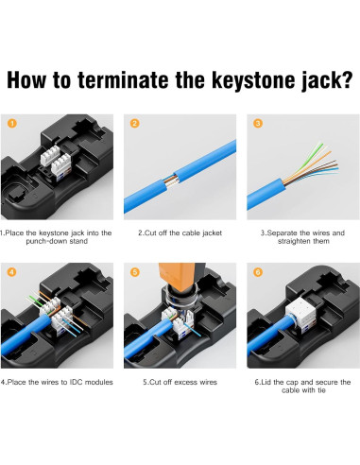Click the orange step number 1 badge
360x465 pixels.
12,123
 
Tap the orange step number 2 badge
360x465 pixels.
135,123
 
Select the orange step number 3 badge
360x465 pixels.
258,123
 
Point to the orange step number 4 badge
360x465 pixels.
12,272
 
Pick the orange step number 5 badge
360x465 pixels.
135,272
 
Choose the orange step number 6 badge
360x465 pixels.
258,272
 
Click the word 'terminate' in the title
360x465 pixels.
123,80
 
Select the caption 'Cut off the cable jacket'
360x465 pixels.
180,233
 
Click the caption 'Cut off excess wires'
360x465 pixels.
180,382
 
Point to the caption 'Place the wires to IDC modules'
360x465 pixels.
57,382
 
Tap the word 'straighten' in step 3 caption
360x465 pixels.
295,242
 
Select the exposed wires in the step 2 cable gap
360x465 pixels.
171,181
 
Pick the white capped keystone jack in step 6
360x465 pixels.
300,314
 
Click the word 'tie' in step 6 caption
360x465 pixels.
322,390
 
